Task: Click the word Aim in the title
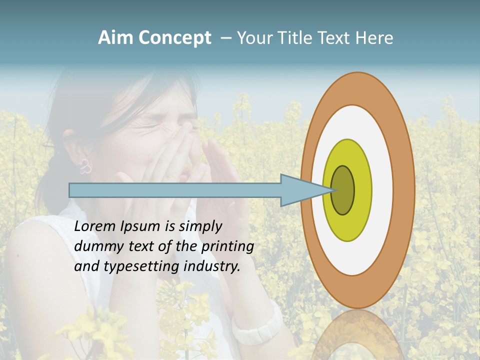click(x=115, y=38)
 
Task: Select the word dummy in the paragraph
click(x=95, y=246)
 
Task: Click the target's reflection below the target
click(x=357, y=335)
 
